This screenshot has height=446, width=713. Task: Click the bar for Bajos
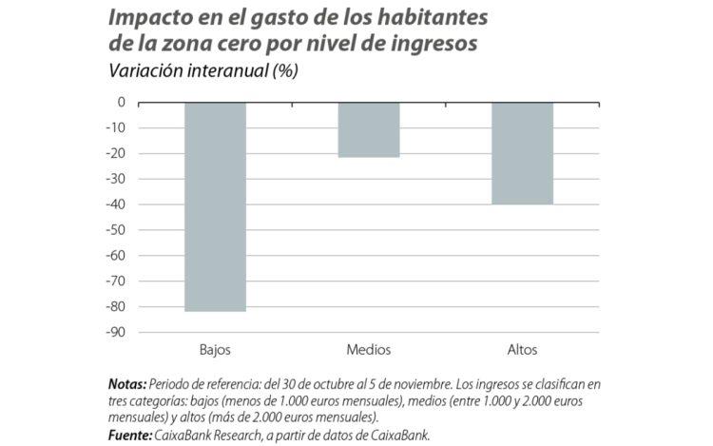point(215,206)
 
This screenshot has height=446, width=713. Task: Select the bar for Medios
point(369,129)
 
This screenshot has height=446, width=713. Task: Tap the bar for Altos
point(522,153)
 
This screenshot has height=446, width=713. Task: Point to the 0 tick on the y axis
point(122,102)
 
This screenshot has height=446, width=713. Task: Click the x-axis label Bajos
point(215,349)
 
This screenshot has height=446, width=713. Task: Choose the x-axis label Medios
point(369,349)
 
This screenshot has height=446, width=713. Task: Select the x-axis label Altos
point(522,349)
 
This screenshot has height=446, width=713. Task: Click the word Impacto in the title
point(151,18)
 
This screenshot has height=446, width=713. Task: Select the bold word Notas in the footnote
point(127,384)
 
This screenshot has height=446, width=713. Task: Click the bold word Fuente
point(129,434)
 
